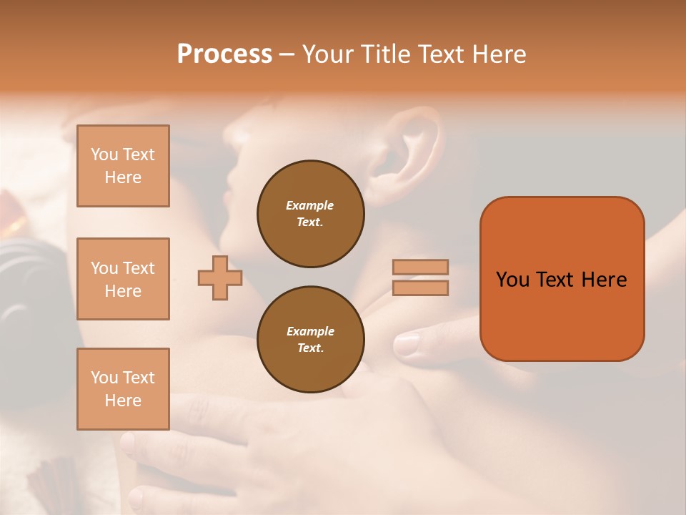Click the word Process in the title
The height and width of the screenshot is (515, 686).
click(224, 54)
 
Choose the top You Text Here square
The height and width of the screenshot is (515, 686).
click(123, 166)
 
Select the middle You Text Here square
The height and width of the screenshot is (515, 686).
click(123, 279)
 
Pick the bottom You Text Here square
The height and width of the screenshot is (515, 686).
click(123, 389)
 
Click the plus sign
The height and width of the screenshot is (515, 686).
click(220, 278)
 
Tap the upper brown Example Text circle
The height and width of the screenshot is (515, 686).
click(310, 213)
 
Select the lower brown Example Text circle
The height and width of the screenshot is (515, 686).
click(310, 339)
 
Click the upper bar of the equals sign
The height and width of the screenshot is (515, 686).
click(420, 267)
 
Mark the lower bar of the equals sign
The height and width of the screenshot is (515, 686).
click(420, 288)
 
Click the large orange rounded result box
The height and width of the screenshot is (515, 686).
click(562, 278)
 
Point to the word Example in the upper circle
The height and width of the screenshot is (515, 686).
click(309, 205)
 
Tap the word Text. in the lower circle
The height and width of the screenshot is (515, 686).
click(310, 348)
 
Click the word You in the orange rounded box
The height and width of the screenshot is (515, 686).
click(512, 280)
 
